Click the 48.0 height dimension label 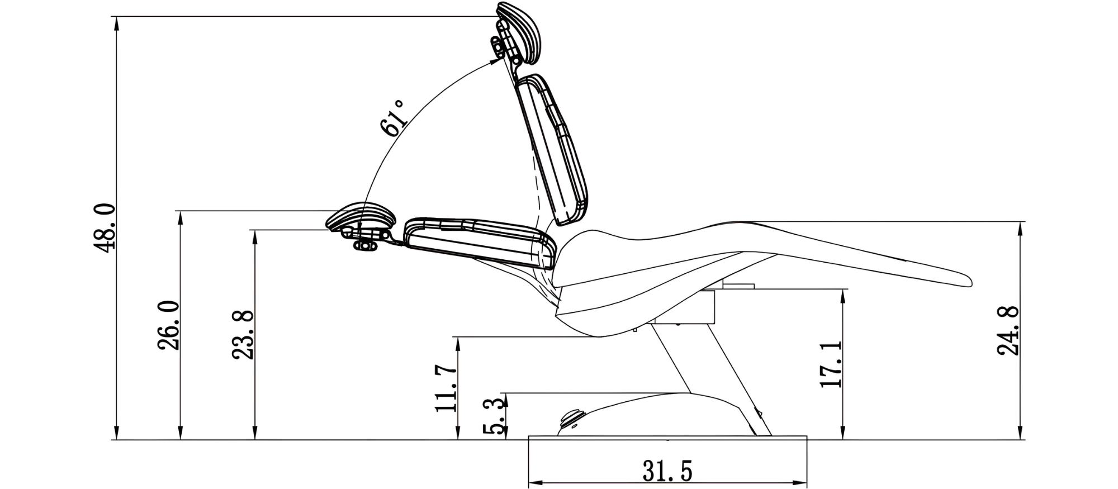pyautogui.click(x=105, y=228)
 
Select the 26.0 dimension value pyautogui.click(x=168, y=325)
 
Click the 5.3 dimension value pyautogui.click(x=495, y=417)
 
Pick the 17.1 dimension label pyautogui.click(x=831, y=364)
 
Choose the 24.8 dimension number pyautogui.click(x=1008, y=331)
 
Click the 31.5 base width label pyautogui.click(x=667, y=471)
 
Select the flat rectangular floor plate pyautogui.click(x=667, y=438)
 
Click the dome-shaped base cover pyautogui.click(x=660, y=414)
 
